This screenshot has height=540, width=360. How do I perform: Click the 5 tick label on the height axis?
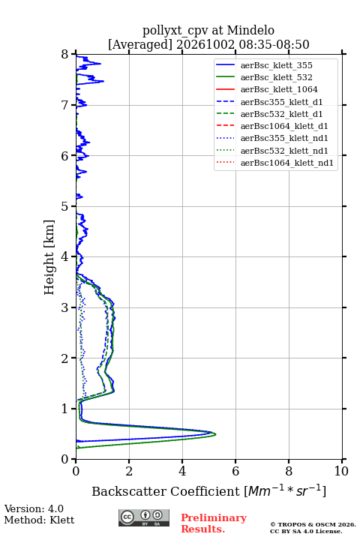pos(65,207)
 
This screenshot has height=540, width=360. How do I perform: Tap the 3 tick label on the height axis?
pos(65,307)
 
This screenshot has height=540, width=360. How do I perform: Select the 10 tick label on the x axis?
pos(341,471)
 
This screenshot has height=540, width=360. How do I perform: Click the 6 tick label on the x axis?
pos(235,471)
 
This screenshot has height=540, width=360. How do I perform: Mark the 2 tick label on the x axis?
pos(129,471)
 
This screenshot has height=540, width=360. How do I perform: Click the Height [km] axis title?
pos(49,257)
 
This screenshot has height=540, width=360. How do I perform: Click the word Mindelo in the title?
pos(250,31)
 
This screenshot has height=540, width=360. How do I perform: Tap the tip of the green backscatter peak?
pos(216,434)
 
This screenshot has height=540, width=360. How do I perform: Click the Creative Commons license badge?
pos(144,517)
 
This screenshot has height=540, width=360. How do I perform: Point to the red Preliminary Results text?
pos(214,523)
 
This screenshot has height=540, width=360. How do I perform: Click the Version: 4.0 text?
pos(34,508)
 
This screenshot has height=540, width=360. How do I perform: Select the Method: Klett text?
pos(39,520)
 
